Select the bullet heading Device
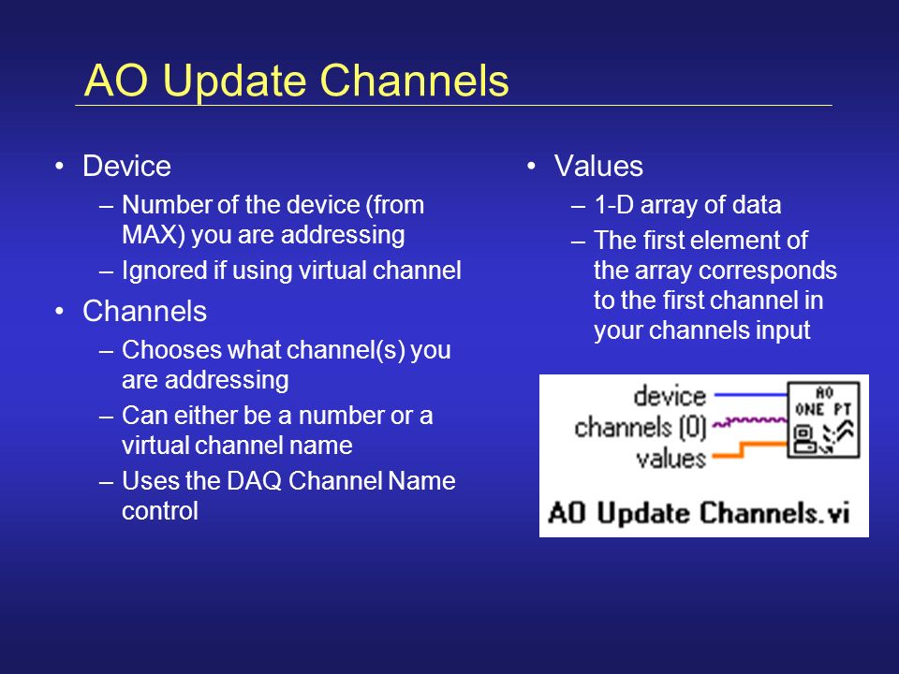126,167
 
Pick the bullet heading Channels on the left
144,311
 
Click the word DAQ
254,481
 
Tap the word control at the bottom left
160,511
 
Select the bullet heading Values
598,167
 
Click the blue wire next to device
750,394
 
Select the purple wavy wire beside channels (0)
750,422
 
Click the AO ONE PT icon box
824,419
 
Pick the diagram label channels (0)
640,428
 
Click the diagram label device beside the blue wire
670,396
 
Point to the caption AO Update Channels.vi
699,512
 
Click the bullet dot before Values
532,167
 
